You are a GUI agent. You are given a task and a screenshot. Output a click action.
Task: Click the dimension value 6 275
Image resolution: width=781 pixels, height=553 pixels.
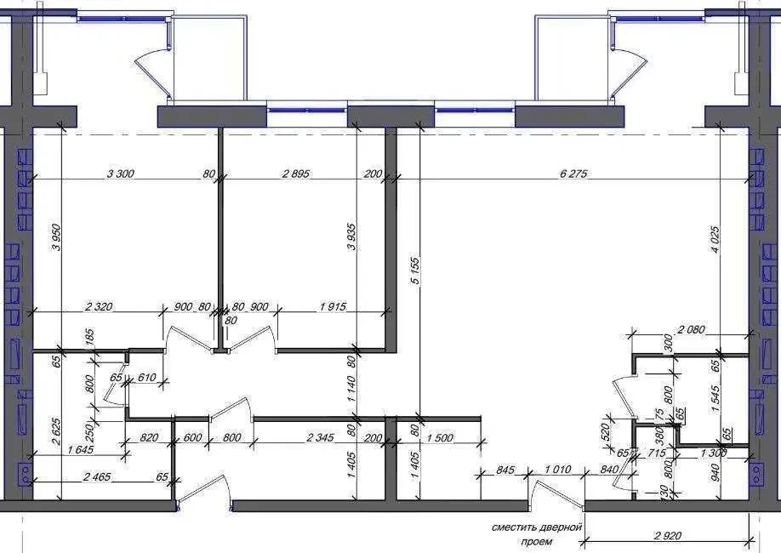(x=573, y=174)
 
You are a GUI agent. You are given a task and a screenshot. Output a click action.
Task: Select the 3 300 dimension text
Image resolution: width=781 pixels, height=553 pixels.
(x=121, y=174)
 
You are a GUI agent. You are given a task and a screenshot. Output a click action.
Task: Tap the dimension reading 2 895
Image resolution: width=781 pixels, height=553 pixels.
(x=296, y=174)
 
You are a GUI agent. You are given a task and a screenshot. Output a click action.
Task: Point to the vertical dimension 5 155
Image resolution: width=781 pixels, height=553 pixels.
(x=415, y=271)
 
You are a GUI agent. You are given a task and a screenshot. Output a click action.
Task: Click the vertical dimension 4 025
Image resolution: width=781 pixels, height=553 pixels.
(x=715, y=240)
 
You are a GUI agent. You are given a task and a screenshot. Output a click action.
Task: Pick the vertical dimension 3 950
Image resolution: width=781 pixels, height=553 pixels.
(x=56, y=237)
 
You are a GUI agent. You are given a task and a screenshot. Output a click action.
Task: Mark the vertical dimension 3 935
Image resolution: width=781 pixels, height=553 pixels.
(x=351, y=237)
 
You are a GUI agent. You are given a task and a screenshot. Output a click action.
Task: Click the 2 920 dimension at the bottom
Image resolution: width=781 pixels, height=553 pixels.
(x=668, y=536)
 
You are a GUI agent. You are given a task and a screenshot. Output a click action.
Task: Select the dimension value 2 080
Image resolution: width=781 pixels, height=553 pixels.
(x=692, y=328)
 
